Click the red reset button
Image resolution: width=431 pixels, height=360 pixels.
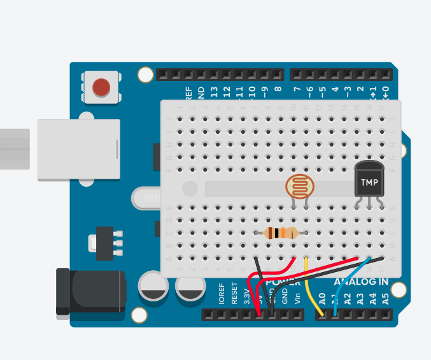tap(101, 87)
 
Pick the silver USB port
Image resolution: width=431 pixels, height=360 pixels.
tap(78, 149)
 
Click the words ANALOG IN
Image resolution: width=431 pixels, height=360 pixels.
tap(361, 281)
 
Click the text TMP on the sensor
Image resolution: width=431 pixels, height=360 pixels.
tap(369, 183)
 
